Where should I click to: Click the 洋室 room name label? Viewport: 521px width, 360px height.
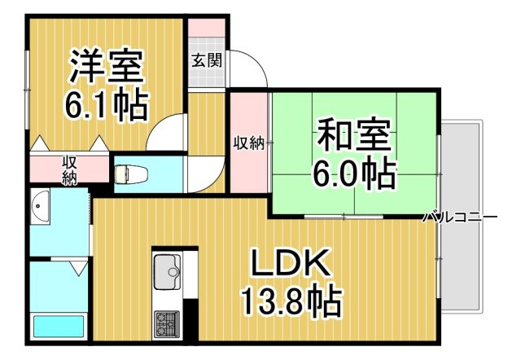click(x=107, y=67)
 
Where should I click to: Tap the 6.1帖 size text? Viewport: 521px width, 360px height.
click(x=106, y=104)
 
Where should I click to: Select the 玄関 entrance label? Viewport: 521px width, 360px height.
click(x=206, y=61)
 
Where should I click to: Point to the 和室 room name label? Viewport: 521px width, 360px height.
click(x=354, y=134)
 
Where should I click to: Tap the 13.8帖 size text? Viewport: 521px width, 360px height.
click(x=291, y=302)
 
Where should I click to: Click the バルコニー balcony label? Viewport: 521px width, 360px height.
click(x=460, y=217)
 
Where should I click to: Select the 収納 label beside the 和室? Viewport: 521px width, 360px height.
click(x=249, y=143)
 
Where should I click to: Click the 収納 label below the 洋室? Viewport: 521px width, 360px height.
click(x=70, y=171)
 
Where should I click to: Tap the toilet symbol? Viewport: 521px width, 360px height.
click(x=132, y=173)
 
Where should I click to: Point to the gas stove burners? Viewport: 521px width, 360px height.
click(x=166, y=324)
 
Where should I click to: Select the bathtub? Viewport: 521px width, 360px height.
click(x=59, y=327)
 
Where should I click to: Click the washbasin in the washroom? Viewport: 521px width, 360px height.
click(x=40, y=206)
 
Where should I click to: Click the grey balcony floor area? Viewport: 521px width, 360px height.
click(x=462, y=215)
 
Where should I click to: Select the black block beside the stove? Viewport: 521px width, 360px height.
click(x=190, y=319)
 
